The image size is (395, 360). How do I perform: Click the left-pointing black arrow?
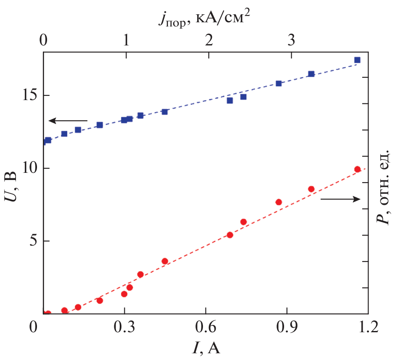[x=68, y=121]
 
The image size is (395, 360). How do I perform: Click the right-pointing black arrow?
[x=340, y=199]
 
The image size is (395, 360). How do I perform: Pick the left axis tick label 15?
[x=29, y=95]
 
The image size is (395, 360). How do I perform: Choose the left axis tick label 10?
[x=29, y=168]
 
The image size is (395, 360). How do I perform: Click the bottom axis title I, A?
[x=206, y=348]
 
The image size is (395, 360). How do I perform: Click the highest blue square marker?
[x=357, y=60]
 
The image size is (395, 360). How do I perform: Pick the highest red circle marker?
[x=357, y=169]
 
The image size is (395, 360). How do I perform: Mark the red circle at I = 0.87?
[x=279, y=202]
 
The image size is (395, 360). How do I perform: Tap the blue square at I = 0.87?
[x=279, y=83]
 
